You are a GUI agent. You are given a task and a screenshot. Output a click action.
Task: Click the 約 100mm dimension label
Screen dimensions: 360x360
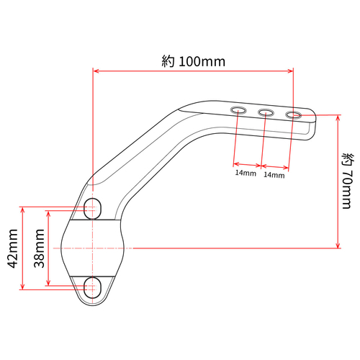[194, 61]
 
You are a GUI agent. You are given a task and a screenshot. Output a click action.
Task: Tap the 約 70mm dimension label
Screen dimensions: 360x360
[348, 181]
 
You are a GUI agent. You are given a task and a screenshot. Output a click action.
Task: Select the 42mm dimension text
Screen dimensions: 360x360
[13, 248]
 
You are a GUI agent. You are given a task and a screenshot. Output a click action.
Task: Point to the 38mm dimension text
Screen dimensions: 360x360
[39, 248]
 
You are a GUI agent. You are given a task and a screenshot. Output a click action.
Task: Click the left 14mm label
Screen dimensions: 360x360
[246, 173]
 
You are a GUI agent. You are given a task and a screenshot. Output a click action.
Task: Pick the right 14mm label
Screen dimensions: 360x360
[274, 175]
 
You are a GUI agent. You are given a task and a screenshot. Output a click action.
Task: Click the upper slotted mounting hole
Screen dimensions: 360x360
[92, 209]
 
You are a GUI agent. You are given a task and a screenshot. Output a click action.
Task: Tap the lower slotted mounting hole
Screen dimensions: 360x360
[92, 287]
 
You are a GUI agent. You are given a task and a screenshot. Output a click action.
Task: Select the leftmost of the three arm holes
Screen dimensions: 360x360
[238, 110]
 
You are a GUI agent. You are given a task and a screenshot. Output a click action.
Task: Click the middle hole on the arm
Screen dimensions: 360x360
[266, 112]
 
